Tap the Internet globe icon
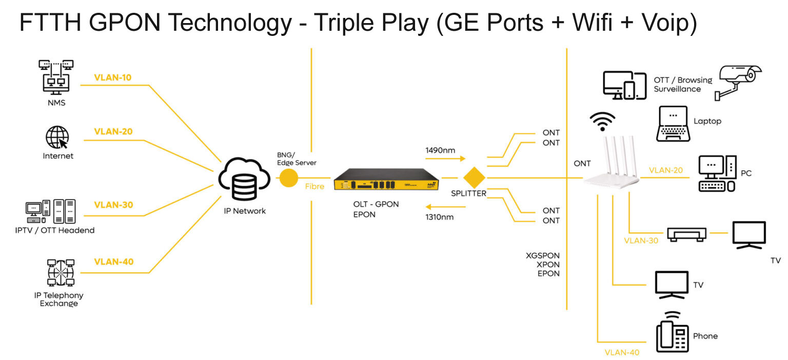(x=57, y=137)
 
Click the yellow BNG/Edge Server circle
(x=288, y=178)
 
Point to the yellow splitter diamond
(x=474, y=177)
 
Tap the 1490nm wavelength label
(x=440, y=150)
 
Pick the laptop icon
(x=673, y=124)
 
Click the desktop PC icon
(x=717, y=174)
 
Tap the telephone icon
(x=672, y=333)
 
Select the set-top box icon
(x=686, y=234)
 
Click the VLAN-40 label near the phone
(x=622, y=352)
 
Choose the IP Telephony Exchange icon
(x=61, y=273)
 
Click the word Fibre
(x=314, y=187)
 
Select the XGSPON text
(x=543, y=255)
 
